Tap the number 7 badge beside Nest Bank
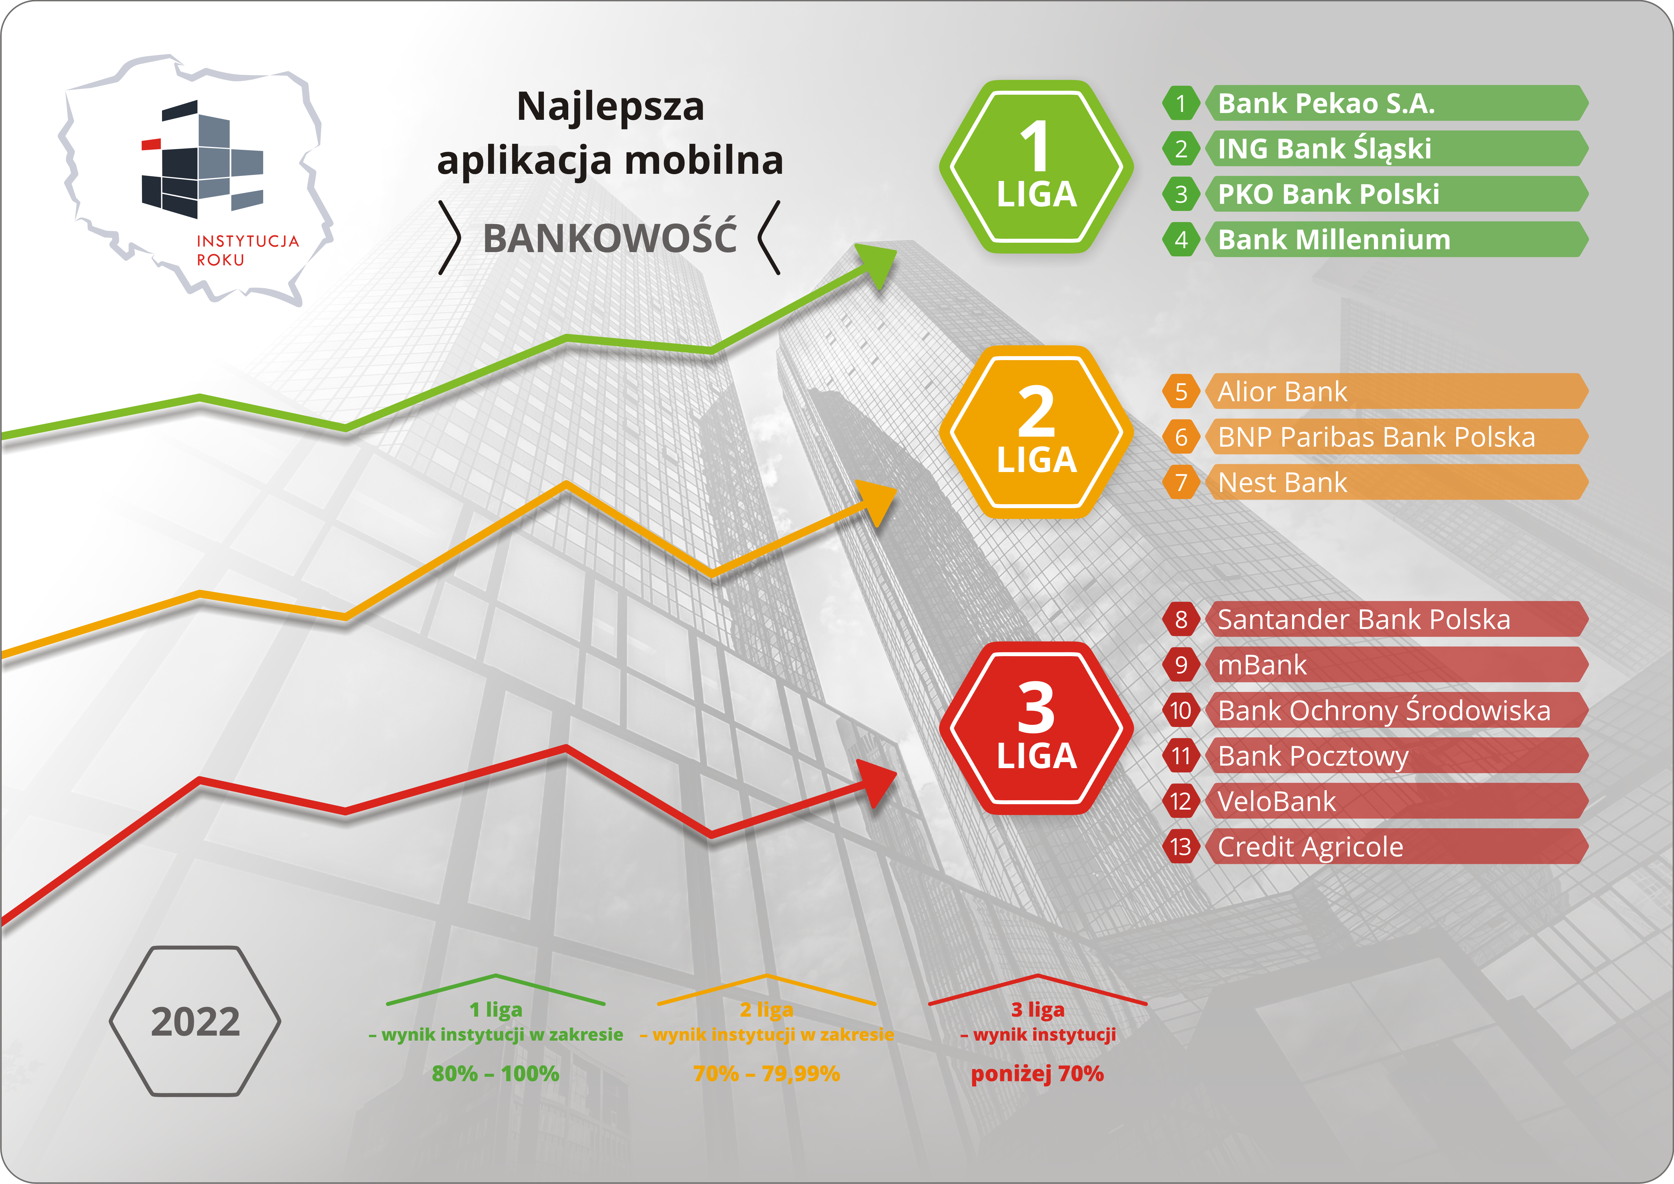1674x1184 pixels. pyautogui.click(x=1181, y=482)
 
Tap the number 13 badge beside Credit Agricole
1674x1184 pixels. pyautogui.click(x=1181, y=846)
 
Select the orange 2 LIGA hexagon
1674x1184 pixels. pyautogui.click(x=1036, y=432)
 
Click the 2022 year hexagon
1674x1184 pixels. pyautogui.click(x=195, y=1021)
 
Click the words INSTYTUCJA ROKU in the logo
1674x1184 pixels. pyautogui.click(x=247, y=250)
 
